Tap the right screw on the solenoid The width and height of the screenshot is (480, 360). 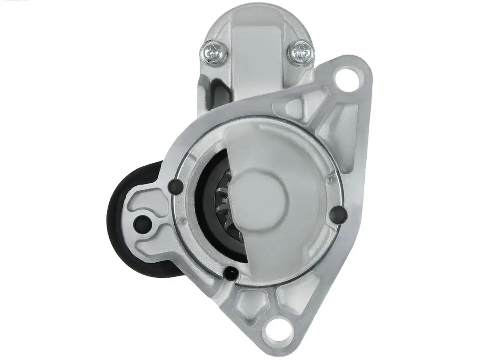[x=300, y=53]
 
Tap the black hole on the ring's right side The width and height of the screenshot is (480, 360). [x=339, y=214]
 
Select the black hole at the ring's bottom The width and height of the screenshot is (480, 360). [x=231, y=273]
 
